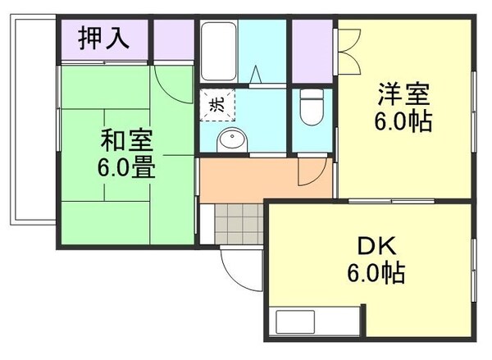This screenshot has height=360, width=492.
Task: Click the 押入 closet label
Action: click(x=103, y=39)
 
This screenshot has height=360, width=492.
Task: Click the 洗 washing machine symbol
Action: click(x=217, y=104)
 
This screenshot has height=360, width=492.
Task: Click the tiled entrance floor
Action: click(x=237, y=222)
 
